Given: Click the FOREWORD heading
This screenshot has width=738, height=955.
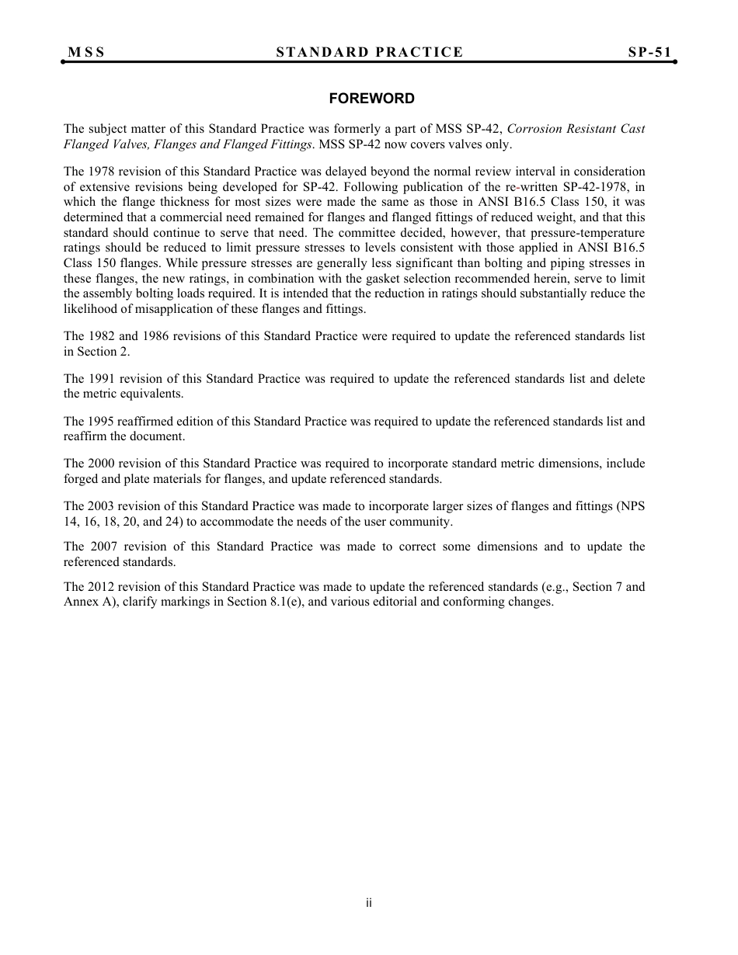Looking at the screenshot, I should tap(371, 99).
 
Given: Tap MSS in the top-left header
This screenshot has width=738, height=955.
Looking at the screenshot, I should tap(86, 52).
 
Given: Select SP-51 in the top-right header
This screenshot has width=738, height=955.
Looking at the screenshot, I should tap(649, 52).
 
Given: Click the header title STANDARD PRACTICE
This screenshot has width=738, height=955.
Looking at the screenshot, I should tap(369, 52).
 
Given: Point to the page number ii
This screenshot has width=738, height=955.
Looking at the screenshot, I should tap(369, 903).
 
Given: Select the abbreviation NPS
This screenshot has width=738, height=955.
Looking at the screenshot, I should tap(631, 506).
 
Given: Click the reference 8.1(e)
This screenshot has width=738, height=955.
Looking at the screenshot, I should tap(285, 601).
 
